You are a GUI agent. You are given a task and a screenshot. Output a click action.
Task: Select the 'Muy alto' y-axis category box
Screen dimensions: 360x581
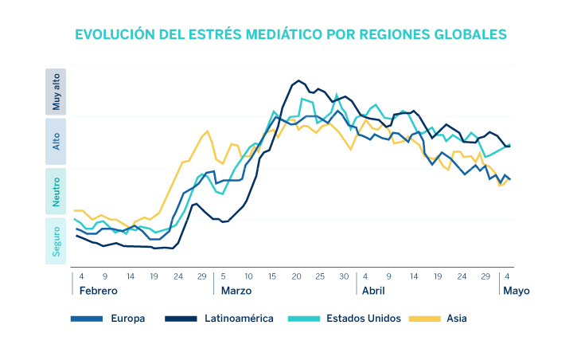pos(56,91)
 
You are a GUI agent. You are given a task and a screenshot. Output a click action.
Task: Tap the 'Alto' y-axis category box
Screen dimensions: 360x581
pos(56,141)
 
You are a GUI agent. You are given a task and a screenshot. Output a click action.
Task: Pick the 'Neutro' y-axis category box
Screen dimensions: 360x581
pos(56,191)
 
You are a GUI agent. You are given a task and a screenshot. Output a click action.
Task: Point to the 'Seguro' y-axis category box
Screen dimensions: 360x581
pos(56,241)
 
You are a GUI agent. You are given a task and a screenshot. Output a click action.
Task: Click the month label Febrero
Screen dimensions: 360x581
pos(98,291)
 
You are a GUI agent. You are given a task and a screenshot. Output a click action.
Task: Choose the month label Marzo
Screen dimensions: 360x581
pos(237,291)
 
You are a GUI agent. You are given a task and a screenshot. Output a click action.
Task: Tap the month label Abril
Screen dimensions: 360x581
pos(373,291)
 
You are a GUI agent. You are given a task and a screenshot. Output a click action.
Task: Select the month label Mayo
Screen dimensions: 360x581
pos(516,291)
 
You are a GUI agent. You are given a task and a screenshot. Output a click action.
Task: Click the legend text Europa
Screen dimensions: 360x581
pos(128,319)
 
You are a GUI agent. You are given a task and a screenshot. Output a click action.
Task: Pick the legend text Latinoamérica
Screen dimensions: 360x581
pos(239,319)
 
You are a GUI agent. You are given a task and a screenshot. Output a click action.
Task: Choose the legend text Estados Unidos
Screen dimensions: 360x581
pos(363,319)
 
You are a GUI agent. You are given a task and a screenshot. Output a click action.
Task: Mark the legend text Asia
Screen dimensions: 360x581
pos(457,319)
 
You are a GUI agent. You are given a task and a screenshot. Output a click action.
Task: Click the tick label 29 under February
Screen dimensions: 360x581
pos(202,276)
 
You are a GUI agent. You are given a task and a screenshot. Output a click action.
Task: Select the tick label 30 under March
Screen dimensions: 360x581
pos(344,276)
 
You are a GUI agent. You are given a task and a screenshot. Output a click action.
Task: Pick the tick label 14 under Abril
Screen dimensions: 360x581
pos(414,276)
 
